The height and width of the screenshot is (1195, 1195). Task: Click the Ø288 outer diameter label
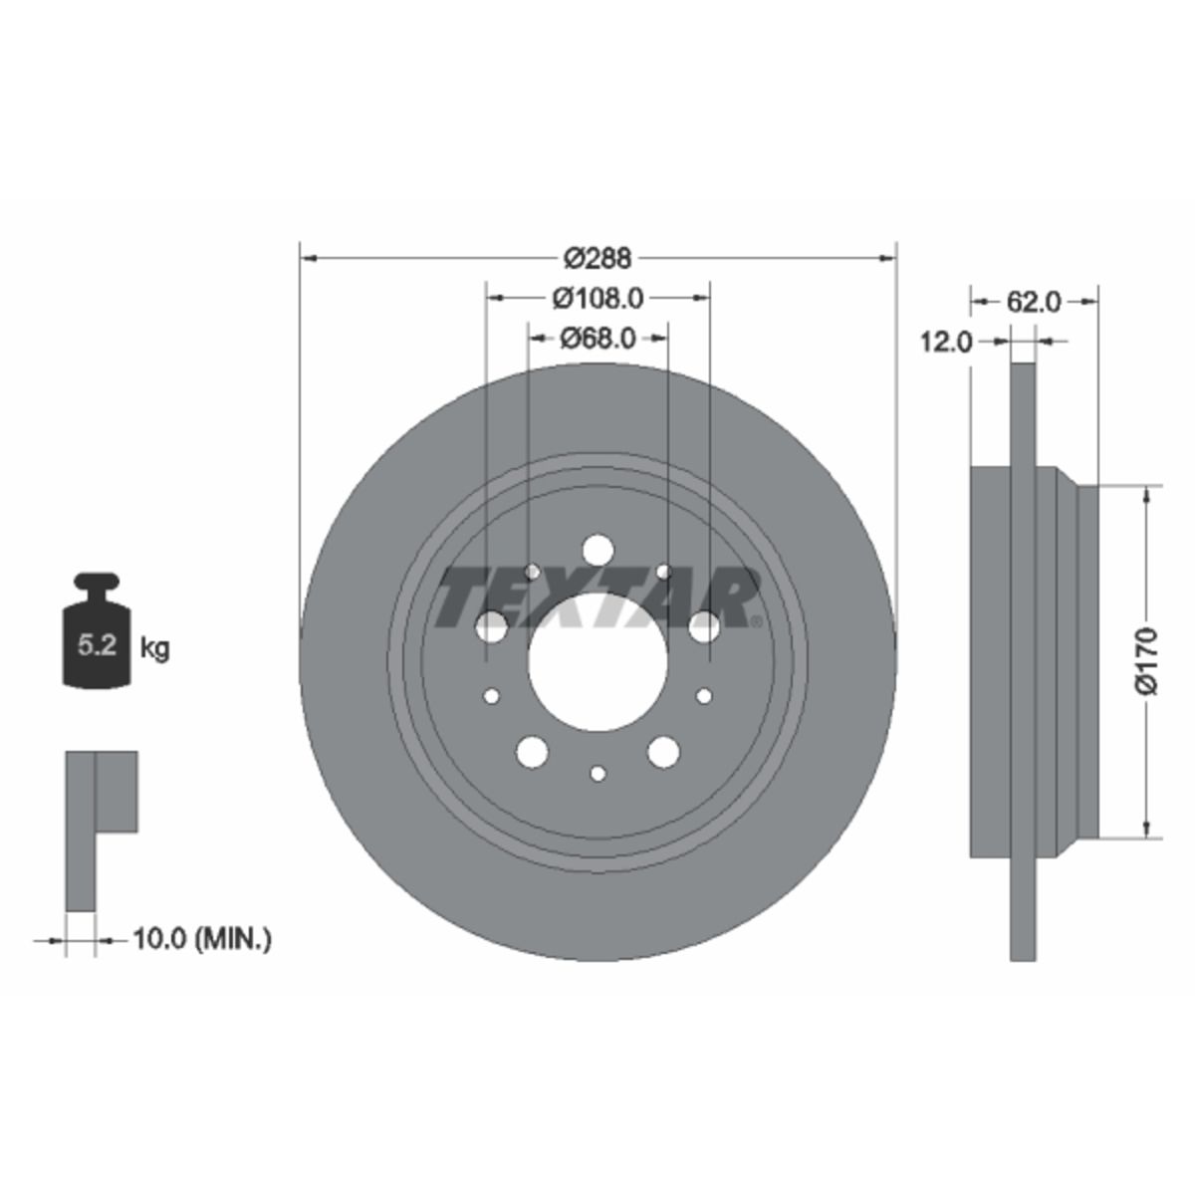click(x=597, y=258)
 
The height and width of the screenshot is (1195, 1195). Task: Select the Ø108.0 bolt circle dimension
click(x=597, y=299)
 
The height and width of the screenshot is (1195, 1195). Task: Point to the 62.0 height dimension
click(x=1034, y=302)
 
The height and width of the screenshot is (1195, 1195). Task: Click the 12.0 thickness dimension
click(x=946, y=342)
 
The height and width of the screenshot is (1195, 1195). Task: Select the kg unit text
click(x=154, y=649)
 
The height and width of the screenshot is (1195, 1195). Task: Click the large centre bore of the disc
click(x=597, y=661)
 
